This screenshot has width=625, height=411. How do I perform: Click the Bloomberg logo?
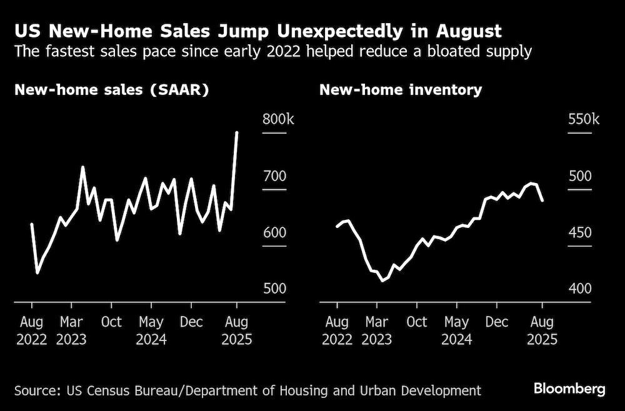(x=569, y=389)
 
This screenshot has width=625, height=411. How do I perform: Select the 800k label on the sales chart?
(x=278, y=119)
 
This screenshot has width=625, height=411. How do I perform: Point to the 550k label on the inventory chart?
(x=584, y=119)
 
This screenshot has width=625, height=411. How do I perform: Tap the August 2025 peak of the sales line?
(x=237, y=132)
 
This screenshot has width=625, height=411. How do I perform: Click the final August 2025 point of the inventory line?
(x=542, y=201)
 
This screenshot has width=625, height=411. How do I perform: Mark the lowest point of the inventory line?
(x=382, y=280)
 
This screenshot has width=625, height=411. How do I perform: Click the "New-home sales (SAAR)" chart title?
(x=112, y=90)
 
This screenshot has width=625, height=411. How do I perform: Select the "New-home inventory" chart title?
(x=401, y=90)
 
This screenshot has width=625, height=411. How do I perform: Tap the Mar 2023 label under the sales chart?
(x=71, y=330)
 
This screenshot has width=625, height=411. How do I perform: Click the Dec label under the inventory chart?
(x=497, y=322)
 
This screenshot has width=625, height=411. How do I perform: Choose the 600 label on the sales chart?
(x=274, y=232)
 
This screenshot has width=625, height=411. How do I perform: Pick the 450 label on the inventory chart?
(x=580, y=232)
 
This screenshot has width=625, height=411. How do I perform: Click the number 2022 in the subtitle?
(x=283, y=52)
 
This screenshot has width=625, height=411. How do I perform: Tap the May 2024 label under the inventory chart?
(x=456, y=330)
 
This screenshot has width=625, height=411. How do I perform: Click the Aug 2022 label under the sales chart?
(x=31, y=330)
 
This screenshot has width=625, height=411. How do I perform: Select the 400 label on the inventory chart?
(x=580, y=289)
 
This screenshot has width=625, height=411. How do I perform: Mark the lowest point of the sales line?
(x=37, y=273)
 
